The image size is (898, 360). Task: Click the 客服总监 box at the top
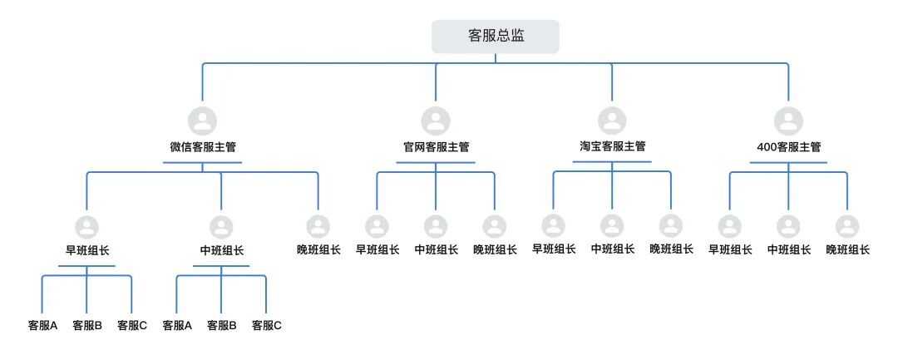click(496, 37)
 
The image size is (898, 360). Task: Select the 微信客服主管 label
click(202, 147)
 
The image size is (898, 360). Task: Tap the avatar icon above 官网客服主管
click(436, 121)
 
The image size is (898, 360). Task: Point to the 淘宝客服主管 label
click(612, 146)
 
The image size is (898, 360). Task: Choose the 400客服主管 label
click(788, 147)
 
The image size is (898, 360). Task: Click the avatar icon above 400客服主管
click(788, 121)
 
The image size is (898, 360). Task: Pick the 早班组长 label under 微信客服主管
click(86, 250)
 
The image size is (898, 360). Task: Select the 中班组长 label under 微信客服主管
click(221, 250)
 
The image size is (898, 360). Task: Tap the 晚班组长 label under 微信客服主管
click(318, 249)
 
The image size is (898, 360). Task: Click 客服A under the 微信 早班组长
click(42, 326)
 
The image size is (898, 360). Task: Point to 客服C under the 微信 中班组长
click(266, 326)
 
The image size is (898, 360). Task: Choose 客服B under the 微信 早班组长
click(87, 326)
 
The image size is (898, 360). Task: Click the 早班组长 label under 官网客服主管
click(377, 249)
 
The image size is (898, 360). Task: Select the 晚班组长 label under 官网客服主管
click(495, 249)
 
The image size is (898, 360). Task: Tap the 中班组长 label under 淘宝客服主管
click(612, 249)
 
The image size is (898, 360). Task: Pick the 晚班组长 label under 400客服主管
click(847, 249)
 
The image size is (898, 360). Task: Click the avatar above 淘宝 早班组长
click(553, 225)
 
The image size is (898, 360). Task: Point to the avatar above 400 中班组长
click(788, 226)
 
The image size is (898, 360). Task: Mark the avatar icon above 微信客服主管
click(202, 121)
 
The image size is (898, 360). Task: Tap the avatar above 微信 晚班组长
click(318, 226)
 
